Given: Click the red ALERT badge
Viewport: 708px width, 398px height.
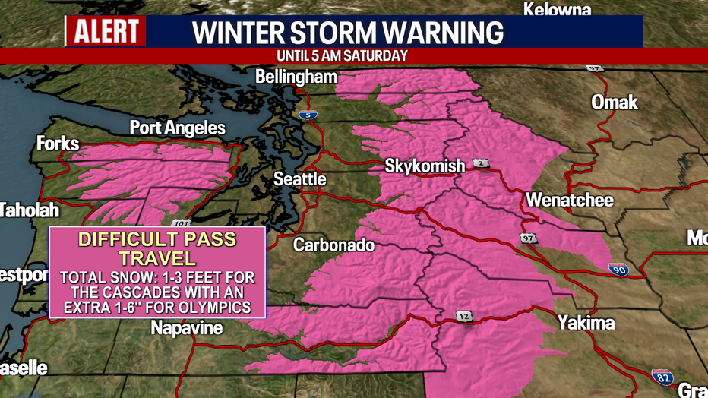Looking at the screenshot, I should (x=106, y=32).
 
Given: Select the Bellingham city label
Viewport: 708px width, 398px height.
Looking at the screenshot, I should (x=296, y=77).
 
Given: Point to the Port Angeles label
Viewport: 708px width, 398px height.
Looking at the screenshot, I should (x=178, y=128).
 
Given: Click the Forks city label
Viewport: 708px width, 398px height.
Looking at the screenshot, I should (x=57, y=144).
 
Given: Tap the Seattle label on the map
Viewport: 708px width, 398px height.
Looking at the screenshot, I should (x=300, y=179).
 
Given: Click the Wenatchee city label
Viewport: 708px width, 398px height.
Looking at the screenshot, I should (x=570, y=201).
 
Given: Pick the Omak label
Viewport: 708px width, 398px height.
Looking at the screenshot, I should (x=615, y=102).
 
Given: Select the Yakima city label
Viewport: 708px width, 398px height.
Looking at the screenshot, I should (x=585, y=323).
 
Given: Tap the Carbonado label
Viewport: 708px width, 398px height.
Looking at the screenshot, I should (x=334, y=245).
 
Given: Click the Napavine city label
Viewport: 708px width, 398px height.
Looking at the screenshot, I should (x=187, y=328).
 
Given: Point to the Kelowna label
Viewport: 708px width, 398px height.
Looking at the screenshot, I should (x=557, y=10).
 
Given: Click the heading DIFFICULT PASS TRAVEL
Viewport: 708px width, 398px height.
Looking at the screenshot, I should (x=158, y=249).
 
